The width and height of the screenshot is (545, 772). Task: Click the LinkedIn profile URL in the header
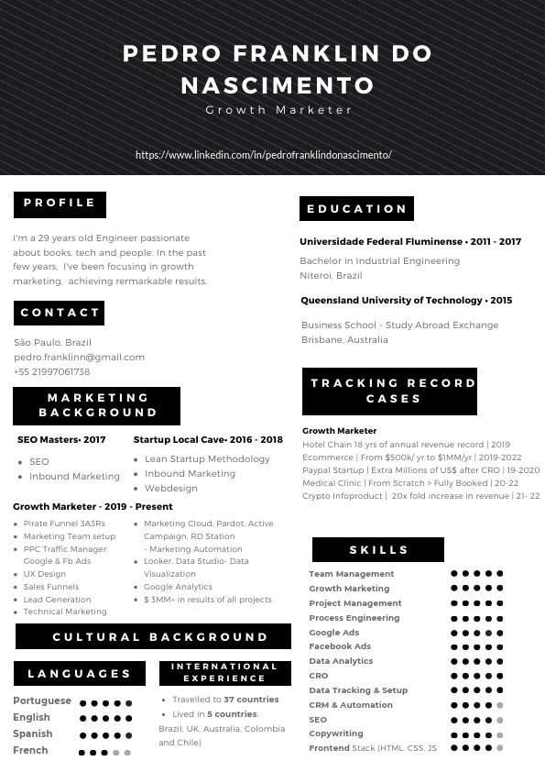point(264,155)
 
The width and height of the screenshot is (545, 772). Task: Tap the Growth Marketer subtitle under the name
point(278,110)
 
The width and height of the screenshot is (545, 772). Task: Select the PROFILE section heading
point(60,204)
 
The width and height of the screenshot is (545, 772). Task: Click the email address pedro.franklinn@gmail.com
point(79,357)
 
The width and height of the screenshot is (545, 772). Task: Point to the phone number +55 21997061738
point(52,371)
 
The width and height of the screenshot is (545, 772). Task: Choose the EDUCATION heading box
point(356,209)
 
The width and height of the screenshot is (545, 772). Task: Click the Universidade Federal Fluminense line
point(410,242)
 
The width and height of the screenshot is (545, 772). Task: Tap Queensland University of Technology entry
point(406,300)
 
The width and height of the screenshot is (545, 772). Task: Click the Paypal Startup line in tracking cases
point(420,469)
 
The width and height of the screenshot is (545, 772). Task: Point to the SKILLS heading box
point(378,550)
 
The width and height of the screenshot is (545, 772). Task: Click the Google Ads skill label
point(333,633)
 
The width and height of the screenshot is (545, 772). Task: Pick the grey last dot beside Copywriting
point(499,734)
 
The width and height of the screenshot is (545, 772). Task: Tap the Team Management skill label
point(351,574)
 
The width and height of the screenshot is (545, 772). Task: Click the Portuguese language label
point(42,700)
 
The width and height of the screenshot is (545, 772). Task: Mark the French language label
point(30,750)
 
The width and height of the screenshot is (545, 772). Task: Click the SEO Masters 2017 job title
point(61,439)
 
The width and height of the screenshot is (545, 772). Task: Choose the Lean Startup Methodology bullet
point(207,458)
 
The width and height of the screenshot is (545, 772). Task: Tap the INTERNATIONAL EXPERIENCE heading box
point(224,672)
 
